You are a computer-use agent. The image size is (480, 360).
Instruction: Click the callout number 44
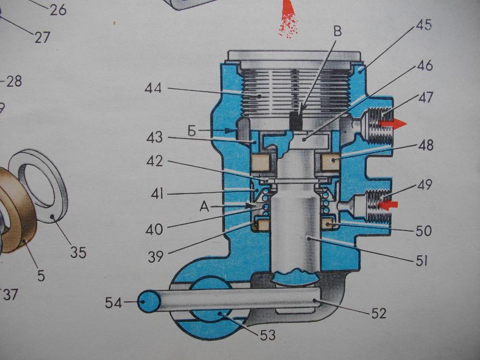tap(153, 88)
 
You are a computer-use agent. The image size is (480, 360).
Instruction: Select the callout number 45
tap(423, 25)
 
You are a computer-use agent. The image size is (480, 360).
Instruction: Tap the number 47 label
tap(425, 98)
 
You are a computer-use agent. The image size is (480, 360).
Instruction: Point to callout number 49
tap(424, 185)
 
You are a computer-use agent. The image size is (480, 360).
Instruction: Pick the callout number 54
tap(113, 303)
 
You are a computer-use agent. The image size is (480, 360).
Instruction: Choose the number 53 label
tap(268, 335)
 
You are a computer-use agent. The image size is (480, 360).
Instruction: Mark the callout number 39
tap(156, 256)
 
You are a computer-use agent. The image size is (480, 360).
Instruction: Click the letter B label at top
tap(337, 31)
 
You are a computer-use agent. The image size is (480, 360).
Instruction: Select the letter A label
tap(204, 207)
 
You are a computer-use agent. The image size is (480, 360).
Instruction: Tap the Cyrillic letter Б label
tap(192, 131)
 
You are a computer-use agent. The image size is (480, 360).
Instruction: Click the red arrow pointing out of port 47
tap(393, 123)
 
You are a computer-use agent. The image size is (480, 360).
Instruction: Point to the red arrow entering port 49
tap(388, 205)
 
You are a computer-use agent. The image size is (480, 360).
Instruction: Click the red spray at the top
tap(288, 19)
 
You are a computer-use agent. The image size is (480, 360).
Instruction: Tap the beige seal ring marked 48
tap(331, 162)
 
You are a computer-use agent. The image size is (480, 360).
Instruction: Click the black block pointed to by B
tap(296, 121)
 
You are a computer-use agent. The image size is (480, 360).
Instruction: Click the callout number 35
tap(78, 253)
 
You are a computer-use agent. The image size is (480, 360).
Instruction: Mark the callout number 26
tap(58, 10)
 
